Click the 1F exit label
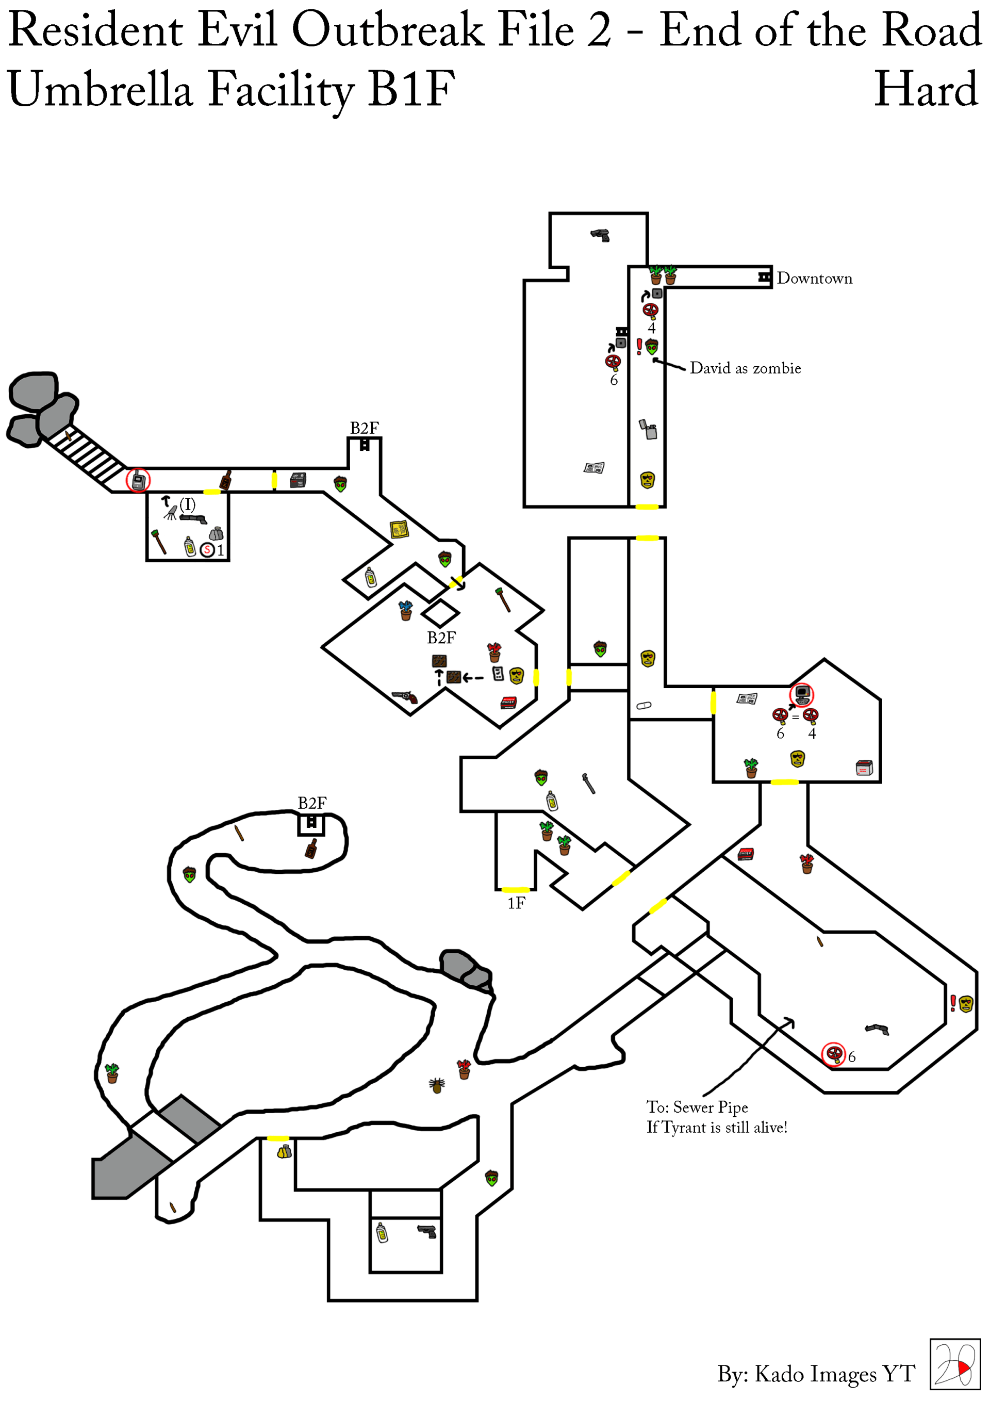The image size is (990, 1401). point(516,903)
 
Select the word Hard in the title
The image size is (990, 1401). point(926,89)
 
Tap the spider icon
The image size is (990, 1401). point(437,1084)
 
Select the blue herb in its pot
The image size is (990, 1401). point(406,610)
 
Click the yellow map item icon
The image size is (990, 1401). point(399,529)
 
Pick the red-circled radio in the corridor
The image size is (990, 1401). point(138,480)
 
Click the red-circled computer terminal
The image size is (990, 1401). point(801,695)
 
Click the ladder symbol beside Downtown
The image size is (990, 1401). point(764,277)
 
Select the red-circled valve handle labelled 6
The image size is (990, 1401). point(833,1054)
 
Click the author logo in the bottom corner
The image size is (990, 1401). point(954,1364)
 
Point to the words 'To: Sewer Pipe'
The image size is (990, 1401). point(697,1107)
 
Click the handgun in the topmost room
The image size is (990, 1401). point(600,235)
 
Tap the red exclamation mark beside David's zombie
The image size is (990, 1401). point(639,347)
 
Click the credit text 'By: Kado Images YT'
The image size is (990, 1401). point(816,1374)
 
